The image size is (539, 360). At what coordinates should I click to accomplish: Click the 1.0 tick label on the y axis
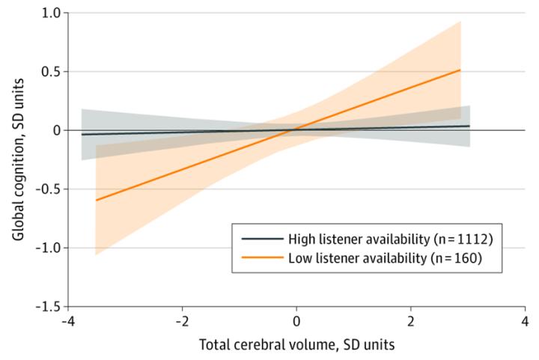pyautogui.click(x=50, y=13)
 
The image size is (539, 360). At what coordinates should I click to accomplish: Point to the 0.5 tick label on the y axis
pyautogui.click(x=50, y=72)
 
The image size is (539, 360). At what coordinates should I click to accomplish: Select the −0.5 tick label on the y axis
pyautogui.click(x=47, y=189)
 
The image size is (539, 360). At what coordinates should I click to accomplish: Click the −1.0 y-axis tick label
pyautogui.click(x=47, y=247)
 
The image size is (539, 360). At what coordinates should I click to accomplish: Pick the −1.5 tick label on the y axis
pyautogui.click(x=47, y=305)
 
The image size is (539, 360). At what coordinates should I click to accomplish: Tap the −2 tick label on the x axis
pyautogui.click(x=180, y=322)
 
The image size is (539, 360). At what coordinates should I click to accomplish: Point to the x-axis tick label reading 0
pyautogui.click(x=296, y=322)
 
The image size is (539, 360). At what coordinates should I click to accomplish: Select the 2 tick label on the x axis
pyautogui.click(x=410, y=322)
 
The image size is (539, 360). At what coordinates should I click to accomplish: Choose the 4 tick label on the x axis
pyautogui.click(x=525, y=322)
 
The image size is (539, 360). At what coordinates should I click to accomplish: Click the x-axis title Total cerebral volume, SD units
pyautogui.click(x=296, y=347)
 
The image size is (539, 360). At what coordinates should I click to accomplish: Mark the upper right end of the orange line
pyautogui.click(x=460, y=70)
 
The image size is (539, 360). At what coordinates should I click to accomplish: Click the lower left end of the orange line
pyautogui.click(x=96, y=201)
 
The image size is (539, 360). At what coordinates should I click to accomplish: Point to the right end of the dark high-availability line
pyautogui.click(x=469, y=126)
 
